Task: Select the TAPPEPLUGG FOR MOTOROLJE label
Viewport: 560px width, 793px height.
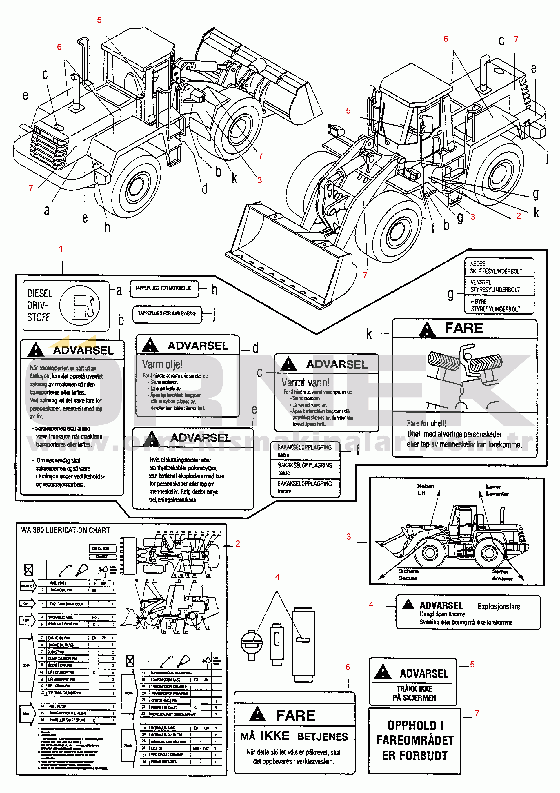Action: click(163, 288)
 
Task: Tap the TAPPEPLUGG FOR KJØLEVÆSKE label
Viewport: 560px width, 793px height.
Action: click(167, 314)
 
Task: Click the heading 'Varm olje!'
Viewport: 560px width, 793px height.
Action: click(162, 364)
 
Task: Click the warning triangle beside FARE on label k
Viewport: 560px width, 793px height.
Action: click(427, 329)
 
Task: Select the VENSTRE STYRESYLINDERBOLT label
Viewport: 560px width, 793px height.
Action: click(495, 286)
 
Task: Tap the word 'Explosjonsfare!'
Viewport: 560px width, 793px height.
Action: click(499, 606)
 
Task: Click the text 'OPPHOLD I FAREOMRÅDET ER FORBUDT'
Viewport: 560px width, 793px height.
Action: click(415, 740)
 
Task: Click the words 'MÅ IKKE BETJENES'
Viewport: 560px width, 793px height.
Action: click(294, 736)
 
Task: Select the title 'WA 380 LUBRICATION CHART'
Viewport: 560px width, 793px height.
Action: click(66, 530)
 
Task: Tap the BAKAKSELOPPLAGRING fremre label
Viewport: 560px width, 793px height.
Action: click(305, 487)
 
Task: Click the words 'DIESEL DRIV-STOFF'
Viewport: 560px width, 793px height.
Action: click(39, 305)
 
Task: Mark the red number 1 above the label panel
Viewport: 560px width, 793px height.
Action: click(61, 249)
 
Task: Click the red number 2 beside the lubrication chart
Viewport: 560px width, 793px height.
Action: click(237, 544)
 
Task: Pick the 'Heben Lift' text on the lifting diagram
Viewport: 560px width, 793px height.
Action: click(425, 489)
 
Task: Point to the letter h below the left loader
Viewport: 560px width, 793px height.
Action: click(107, 227)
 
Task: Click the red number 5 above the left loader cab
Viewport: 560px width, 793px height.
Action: click(99, 20)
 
